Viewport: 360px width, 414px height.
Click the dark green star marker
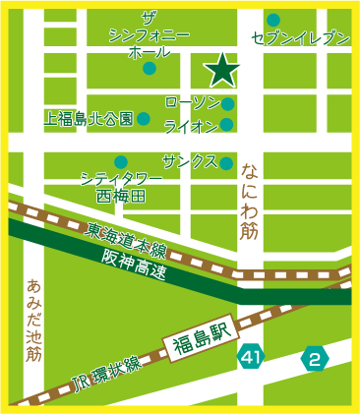(x=223, y=69)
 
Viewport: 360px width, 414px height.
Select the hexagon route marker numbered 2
(x=315, y=357)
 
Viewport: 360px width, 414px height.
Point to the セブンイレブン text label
(x=301, y=38)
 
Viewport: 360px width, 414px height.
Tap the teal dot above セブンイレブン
(x=273, y=20)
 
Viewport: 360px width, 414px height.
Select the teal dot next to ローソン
(x=227, y=104)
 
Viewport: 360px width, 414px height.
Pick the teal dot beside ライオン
(x=227, y=125)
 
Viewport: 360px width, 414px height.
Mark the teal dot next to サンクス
(x=227, y=162)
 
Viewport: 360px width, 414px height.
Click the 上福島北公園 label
(x=89, y=119)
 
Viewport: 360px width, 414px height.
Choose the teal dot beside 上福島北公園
(x=144, y=119)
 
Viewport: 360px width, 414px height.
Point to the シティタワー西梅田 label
(x=120, y=188)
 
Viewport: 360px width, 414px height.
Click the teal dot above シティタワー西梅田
(x=120, y=161)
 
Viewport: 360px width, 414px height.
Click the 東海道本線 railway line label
(x=125, y=235)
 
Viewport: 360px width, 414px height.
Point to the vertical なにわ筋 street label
(x=249, y=202)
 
